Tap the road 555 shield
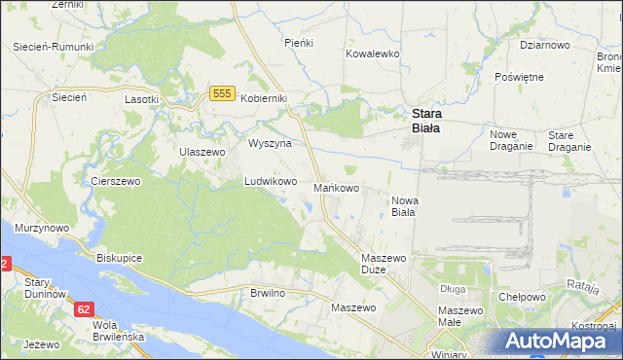pyautogui.click(x=221, y=92)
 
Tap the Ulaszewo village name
pyautogui.click(x=202, y=152)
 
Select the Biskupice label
pyautogui.click(x=121, y=259)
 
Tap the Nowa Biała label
pyautogui.click(x=403, y=205)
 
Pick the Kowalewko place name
pyautogui.click(x=373, y=54)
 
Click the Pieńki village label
pyautogui.click(x=297, y=43)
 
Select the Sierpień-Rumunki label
pyautogui.click(x=54, y=47)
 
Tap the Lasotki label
pyautogui.click(x=141, y=99)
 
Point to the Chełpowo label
pyautogui.click(x=519, y=297)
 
